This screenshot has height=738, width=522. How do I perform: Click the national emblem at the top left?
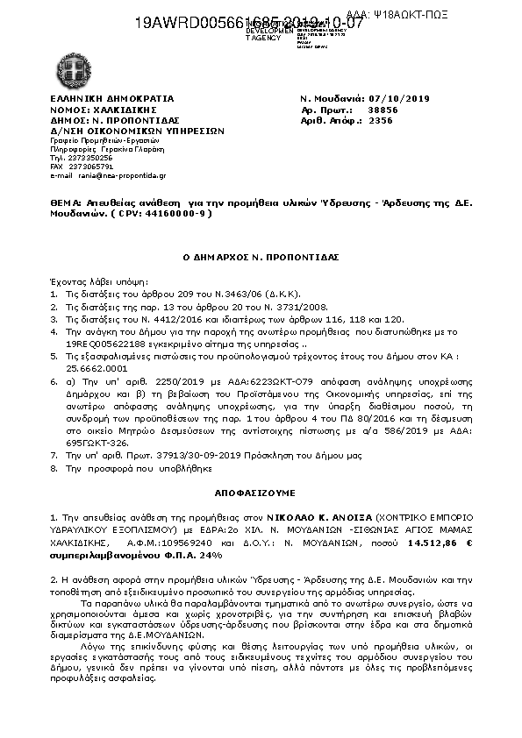[70, 67]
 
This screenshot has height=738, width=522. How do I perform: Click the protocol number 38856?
[383, 110]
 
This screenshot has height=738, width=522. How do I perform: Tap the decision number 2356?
[381, 122]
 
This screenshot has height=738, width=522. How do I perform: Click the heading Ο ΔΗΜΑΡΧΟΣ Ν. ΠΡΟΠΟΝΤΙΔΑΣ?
[260, 258]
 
